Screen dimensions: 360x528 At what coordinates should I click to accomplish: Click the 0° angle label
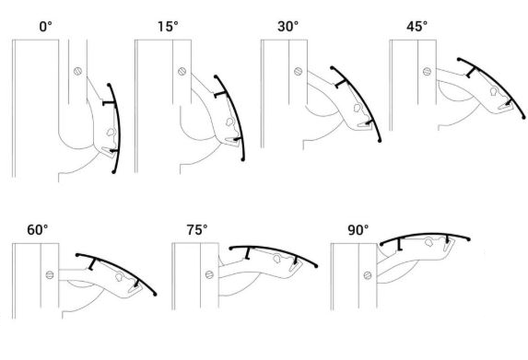(x=43, y=27)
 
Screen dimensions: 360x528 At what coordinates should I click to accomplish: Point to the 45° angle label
(x=417, y=27)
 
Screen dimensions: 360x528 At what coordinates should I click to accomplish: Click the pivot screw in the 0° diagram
(x=77, y=70)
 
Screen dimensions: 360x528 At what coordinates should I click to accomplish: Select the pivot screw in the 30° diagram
(x=297, y=70)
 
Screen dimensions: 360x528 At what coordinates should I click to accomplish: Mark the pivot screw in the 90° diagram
(x=370, y=274)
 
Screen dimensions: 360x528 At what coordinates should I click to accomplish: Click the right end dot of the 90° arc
(x=470, y=240)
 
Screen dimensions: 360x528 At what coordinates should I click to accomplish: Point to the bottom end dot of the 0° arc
(x=112, y=171)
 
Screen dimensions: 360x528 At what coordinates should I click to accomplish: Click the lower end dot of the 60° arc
(x=156, y=294)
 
